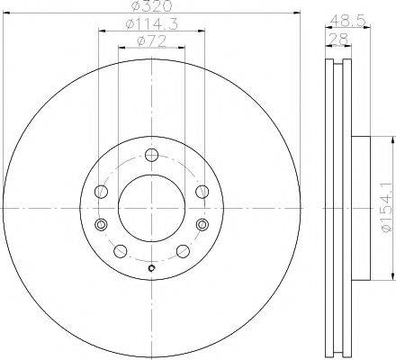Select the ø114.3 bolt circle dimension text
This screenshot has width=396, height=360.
pos(151,24)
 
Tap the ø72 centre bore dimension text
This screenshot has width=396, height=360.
pos(151,40)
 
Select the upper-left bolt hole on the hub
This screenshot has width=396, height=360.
pos(102,190)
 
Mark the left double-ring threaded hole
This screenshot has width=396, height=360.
pos(102,224)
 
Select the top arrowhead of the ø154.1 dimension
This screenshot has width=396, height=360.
pos(392,140)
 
